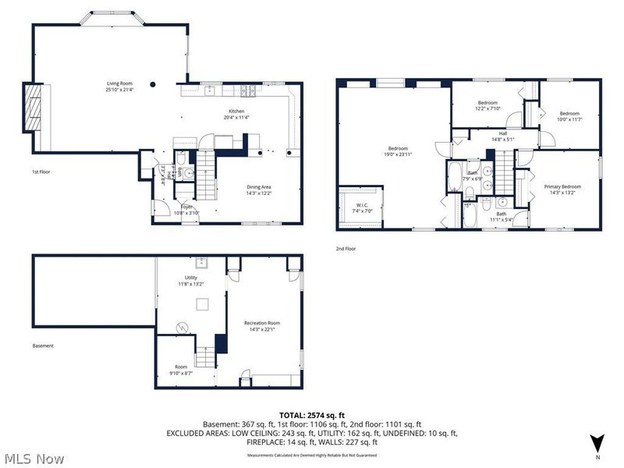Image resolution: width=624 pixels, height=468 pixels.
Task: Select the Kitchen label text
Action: point(236,112)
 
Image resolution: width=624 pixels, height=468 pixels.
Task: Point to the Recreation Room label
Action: point(262,323)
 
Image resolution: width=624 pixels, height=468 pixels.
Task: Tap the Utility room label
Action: point(191,278)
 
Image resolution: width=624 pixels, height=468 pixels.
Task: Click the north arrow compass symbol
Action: point(597,442)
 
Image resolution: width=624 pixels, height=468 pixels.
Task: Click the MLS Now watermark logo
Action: point(34,458)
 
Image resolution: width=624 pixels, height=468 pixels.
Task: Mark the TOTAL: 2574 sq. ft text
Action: point(312,415)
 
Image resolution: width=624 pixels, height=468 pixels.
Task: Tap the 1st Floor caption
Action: point(41,172)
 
